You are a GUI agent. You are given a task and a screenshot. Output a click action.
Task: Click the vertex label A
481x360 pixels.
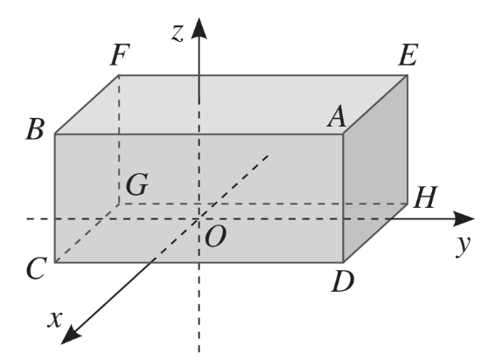pyautogui.click(x=337, y=117)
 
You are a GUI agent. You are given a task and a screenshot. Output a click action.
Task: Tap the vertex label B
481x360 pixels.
pyautogui.click(x=35, y=129)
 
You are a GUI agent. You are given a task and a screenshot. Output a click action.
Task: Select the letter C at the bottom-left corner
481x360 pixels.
pyautogui.click(x=37, y=268)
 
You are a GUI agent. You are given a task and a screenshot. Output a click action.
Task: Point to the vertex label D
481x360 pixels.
pyautogui.click(x=343, y=281)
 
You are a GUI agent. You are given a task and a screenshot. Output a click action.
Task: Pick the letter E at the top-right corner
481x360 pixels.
pyautogui.click(x=408, y=55)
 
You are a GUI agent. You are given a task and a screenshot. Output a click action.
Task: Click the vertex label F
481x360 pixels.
pyautogui.click(x=120, y=55)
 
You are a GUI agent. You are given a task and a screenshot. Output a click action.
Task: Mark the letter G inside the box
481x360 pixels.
pyautogui.click(x=137, y=184)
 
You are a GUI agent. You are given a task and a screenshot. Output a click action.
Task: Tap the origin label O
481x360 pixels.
pyautogui.click(x=216, y=236)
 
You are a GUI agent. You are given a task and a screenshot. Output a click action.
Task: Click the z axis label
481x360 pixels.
pyautogui.click(x=178, y=33)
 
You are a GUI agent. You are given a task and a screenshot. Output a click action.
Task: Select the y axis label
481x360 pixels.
pyautogui.click(x=463, y=246)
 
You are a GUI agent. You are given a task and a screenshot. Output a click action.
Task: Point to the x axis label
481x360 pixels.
pyautogui.click(x=55, y=319)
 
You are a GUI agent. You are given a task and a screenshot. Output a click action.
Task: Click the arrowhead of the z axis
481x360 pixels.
pyautogui.click(x=199, y=28)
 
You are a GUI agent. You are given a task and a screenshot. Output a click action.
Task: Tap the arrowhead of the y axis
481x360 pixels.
pyautogui.click(x=464, y=218)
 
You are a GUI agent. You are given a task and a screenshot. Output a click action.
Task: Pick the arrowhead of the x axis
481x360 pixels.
pyautogui.click(x=72, y=335)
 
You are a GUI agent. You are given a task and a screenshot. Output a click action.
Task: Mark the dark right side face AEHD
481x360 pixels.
pyautogui.click(x=375, y=169)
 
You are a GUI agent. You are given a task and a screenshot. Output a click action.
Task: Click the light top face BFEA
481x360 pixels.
pyautogui.click(x=231, y=104)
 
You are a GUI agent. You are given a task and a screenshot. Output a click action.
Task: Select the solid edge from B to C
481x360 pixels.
pyautogui.click(x=55, y=198)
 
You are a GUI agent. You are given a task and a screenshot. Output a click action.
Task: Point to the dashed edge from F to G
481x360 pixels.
pyautogui.click(x=119, y=139)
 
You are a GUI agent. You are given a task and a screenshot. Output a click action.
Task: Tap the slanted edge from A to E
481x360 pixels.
pyautogui.click(x=375, y=104)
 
